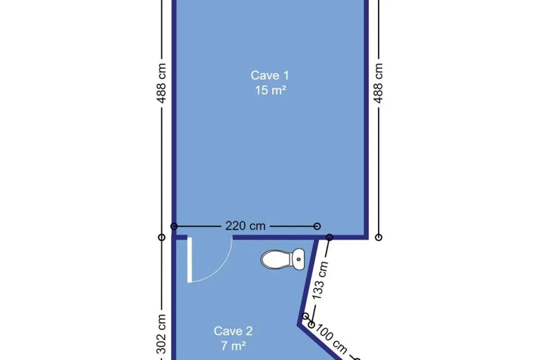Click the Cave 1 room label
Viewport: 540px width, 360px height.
(x=270, y=76)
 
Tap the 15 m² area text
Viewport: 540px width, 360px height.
(x=270, y=90)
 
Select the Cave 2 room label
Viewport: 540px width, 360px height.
(x=233, y=331)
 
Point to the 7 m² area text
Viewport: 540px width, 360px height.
(x=233, y=346)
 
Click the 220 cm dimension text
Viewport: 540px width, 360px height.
(x=245, y=226)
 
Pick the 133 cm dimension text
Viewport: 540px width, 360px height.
(x=320, y=280)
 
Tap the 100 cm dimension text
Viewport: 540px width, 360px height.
(x=331, y=339)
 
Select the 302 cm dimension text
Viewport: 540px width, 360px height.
(x=161, y=334)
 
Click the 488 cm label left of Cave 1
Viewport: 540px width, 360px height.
(x=161, y=83)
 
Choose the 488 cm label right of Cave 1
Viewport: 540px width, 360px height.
(x=378, y=83)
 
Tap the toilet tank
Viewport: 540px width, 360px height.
(x=298, y=259)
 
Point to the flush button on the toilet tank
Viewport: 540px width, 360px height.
(x=299, y=260)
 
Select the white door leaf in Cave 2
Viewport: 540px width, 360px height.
(x=189, y=260)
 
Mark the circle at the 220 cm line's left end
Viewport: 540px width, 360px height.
(x=174, y=226)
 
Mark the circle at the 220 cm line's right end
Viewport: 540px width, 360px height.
(x=317, y=226)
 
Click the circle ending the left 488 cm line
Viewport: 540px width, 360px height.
(x=162, y=237)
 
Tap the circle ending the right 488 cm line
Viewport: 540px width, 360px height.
(x=379, y=237)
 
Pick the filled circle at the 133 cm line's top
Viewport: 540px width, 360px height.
(x=329, y=237)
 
